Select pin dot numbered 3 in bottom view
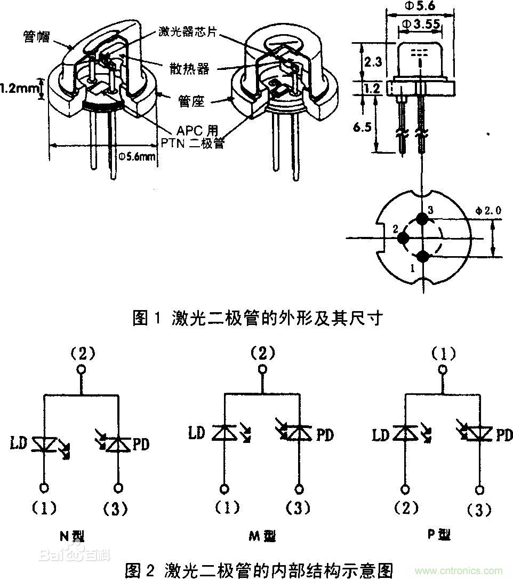(x=423, y=219)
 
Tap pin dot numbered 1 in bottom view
(x=423, y=257)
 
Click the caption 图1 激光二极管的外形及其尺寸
(x=258, y=319)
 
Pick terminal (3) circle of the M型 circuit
(x=300, y=487)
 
